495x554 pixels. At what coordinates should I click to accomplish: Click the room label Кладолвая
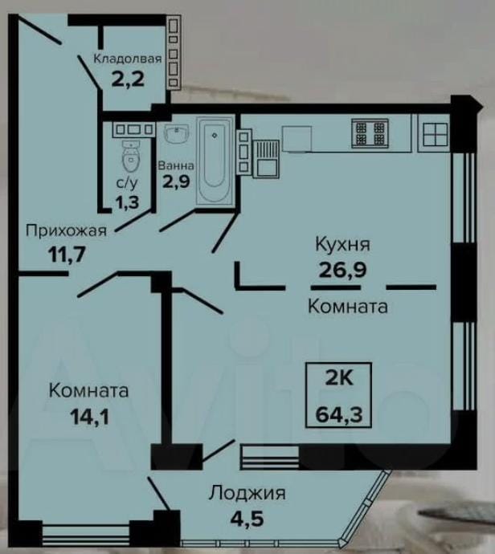click(x=128, y=59)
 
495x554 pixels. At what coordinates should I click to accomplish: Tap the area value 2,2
click(x=128, y=79)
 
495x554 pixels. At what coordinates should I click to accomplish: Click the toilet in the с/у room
click(x=131, y=157)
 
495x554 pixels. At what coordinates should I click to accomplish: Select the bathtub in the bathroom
click(x=215, y=161)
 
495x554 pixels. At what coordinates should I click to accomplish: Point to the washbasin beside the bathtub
click(x=177, y=135)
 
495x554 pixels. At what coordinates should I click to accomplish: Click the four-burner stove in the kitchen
click(x=370, y=133)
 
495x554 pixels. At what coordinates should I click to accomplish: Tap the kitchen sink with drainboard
click(x=266, y=159)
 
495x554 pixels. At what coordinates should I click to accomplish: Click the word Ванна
click(x=176, y=165)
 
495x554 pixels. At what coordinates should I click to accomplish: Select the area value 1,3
click(x=127, y=202)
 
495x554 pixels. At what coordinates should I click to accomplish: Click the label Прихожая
click(x=66, y=231)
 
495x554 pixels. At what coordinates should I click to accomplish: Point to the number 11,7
click(x=67, y=254)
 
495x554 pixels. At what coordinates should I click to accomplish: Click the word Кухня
click(x=342, y=244)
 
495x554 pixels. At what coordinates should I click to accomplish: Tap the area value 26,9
click(x=342, y=270)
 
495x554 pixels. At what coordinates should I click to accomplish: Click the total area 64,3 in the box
click(x=339, y=414)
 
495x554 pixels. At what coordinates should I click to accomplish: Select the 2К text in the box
click(x=339, y=378)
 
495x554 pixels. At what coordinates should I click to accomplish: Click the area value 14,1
click(x=89, y=417)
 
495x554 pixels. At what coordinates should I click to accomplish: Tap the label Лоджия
click(x=247, y=493)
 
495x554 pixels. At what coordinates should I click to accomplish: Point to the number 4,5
click(x=247, y=519)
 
